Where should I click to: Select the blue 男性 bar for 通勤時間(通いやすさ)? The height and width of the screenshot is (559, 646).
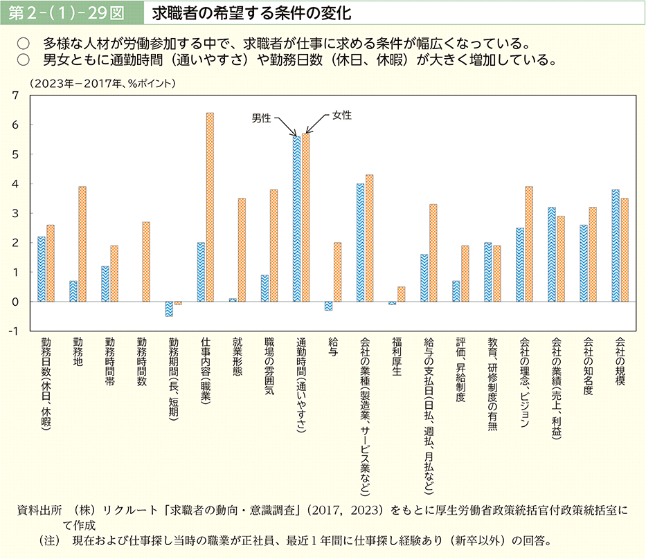click(296, 219)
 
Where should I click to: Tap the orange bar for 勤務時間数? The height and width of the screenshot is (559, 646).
click(146, 262)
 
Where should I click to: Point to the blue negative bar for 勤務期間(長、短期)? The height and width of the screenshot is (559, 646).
click(169, 309)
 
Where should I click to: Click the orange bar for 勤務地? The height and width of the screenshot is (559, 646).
click(82, 244)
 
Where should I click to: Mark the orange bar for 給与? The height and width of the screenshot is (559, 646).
click(337, 273)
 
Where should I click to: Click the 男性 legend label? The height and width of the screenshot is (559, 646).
click(261, 118)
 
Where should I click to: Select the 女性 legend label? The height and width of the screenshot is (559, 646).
click(341, 115)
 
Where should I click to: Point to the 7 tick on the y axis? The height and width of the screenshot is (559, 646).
click(14, 95)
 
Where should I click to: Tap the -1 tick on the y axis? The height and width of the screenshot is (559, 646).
click(12, 331)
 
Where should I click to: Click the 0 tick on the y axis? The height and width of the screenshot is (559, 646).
click(14, 302)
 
